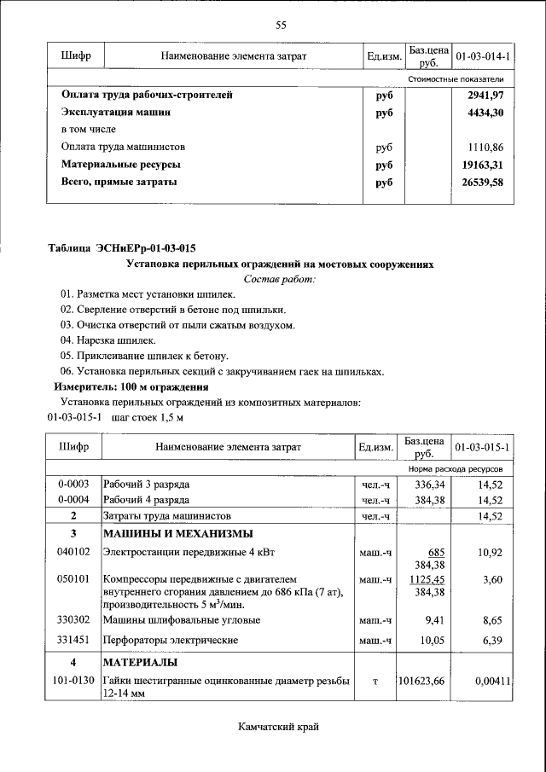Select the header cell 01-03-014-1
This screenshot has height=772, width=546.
pyautogui.click(x=483, y=56)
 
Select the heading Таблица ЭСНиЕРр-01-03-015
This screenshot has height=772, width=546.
pyautogui.click(x=121, y=249)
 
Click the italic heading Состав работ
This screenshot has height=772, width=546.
pyautogui.click(x=280, y=279)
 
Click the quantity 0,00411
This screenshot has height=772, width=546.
pyautogui.click(x=493, y=681)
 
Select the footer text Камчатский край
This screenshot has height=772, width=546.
pyautogui.click(x=280, y=726)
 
